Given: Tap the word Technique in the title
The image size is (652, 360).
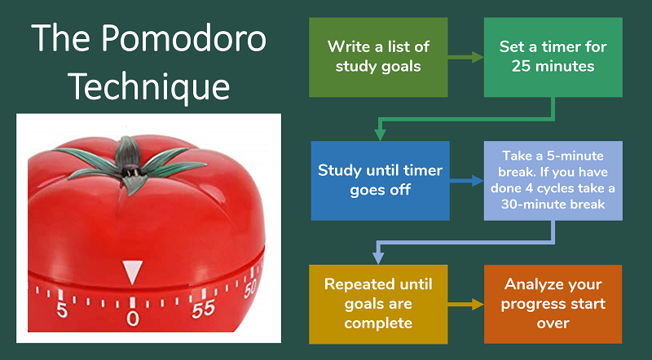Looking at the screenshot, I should tap(148, 85).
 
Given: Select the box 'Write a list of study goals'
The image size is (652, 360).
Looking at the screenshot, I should tap(378, 57).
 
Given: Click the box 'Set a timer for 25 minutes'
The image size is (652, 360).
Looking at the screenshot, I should tap(553, 57).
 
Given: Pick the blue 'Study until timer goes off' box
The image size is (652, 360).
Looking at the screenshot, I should tap(380, 181).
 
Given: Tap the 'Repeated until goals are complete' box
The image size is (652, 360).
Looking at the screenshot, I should tap(378, 304).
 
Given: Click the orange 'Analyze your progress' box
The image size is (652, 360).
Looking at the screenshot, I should tap(553, 304).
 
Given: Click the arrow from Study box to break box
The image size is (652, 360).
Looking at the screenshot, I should tap(466, 181).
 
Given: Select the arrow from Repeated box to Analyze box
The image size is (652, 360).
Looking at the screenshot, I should tap(465, 304).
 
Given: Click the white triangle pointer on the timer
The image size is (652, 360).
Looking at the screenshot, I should tap(132, 272).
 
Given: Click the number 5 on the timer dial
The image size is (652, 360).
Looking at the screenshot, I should tap(61, 310).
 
